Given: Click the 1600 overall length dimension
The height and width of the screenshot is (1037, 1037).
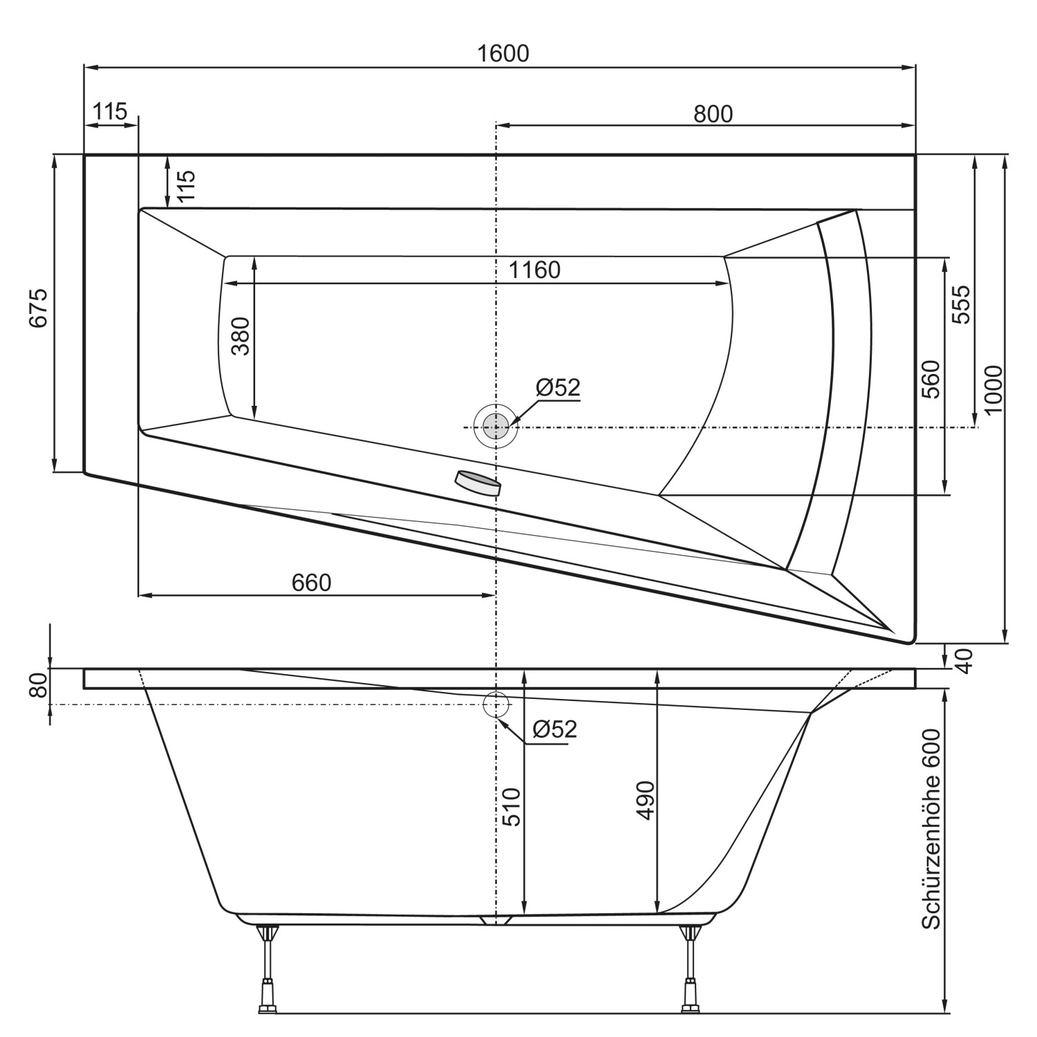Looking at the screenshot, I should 503,53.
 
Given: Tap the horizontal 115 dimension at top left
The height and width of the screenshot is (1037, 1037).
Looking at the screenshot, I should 110,111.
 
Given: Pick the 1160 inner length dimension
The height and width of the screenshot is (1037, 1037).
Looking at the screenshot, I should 534,270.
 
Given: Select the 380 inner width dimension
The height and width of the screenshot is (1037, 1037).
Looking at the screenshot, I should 240,336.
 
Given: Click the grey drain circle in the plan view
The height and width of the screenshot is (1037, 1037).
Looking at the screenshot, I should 495,427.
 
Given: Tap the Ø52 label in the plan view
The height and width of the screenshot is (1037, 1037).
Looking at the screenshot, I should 557,388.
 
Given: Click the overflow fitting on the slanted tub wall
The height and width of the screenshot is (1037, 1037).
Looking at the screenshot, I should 477,483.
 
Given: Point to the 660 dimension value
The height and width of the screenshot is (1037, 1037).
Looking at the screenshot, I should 311,583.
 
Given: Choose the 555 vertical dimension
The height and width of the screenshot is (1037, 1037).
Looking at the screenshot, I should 961,304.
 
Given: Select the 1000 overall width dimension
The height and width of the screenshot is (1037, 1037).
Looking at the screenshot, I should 993,390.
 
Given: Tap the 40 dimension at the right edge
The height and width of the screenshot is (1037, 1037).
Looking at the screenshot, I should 965,660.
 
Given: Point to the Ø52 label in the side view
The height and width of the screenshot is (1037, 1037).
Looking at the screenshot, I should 554,729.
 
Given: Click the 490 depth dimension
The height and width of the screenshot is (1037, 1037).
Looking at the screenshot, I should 644,801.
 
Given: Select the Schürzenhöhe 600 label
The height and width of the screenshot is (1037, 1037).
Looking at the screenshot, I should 931,830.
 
